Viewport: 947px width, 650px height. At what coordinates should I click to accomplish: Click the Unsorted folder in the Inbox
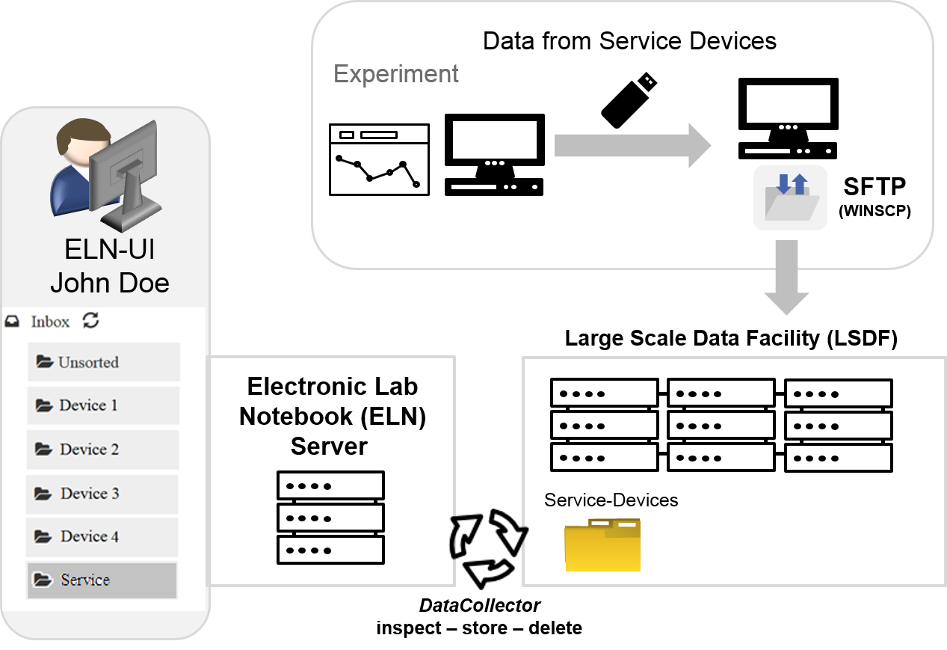104,362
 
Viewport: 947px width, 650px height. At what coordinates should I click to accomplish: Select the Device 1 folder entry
103,405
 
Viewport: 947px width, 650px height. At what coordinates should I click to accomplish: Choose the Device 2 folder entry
103,450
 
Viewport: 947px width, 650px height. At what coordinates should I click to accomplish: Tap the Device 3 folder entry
102,494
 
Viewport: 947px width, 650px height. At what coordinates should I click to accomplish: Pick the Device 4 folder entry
102,536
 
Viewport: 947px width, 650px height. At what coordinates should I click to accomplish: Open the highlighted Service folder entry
102,580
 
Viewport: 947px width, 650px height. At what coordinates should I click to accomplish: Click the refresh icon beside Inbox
90,321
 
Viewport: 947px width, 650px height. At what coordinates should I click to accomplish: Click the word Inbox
50,322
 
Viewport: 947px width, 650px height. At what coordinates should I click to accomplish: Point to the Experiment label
396,74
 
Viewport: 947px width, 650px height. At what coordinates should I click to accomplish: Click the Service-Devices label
611,500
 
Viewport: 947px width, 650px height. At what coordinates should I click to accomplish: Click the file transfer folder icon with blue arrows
790,197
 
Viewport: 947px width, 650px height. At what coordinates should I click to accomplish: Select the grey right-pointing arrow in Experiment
632,145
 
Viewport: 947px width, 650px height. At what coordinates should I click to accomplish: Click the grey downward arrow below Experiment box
786,278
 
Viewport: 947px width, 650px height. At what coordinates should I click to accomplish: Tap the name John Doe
110,283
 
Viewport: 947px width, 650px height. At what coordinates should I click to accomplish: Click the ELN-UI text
110,250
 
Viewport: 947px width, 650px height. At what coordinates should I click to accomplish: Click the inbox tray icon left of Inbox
12,322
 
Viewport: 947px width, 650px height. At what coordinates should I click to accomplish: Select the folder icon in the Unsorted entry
44,362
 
